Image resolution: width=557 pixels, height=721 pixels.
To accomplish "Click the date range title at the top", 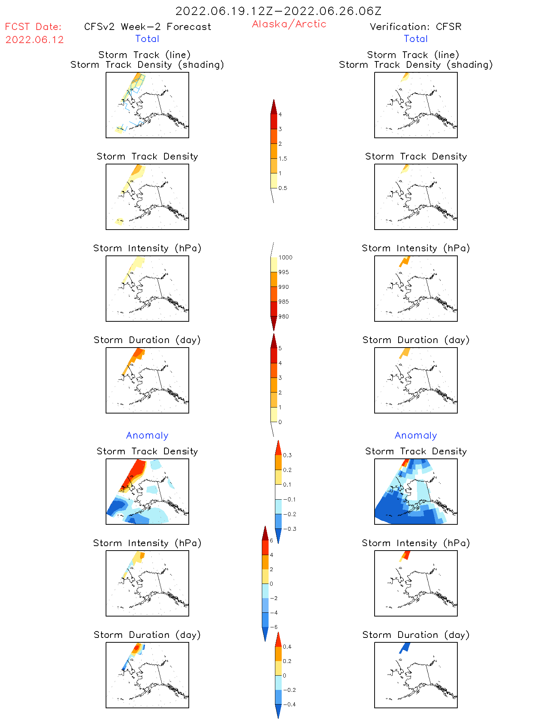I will click(278, 11).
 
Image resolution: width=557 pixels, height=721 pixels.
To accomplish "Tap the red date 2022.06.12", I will click(34, 40).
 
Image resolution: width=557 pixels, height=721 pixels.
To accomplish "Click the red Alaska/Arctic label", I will click(289, 24).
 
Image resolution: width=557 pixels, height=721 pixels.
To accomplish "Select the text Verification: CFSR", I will click(415, 27).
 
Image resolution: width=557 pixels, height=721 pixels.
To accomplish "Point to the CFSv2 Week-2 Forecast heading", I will click(147, 27).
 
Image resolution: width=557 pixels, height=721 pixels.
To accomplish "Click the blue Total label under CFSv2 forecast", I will click(147, 39).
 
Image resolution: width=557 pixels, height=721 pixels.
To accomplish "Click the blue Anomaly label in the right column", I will click(415, 435).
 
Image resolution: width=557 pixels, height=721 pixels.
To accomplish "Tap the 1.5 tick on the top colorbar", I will click(283, 158).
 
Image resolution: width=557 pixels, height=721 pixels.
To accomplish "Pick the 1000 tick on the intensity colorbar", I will click(285, 257).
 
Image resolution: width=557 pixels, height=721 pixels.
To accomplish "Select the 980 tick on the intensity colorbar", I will click(284, 316).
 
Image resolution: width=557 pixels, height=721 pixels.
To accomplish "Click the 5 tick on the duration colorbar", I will click(280, 348).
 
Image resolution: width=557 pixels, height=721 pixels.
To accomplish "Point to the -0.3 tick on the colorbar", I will click(290, 529).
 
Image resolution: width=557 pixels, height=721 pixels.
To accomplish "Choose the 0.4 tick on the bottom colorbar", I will click(287, 646).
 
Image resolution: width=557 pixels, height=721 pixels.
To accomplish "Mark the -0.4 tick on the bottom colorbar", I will click(289, 704).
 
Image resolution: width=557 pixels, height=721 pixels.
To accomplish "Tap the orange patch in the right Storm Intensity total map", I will click(405, 261).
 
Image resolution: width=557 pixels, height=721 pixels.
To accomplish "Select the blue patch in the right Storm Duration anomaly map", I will click(404, 648).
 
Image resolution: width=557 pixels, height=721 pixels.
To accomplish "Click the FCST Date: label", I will click(33, 27).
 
